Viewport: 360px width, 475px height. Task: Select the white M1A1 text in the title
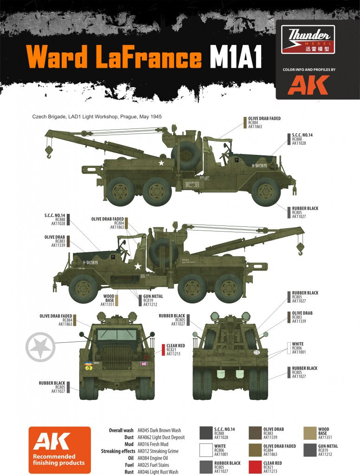tap(236, 58)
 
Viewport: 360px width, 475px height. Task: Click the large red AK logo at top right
tap(308, 85)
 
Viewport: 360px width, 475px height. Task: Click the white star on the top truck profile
tap(161, 163)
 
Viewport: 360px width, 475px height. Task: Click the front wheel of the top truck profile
tap(266, 191)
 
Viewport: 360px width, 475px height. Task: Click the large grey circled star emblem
tap(40, 346)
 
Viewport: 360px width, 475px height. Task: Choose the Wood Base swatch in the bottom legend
tap(309, 433)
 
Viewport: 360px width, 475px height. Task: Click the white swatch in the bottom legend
tap(206, 449)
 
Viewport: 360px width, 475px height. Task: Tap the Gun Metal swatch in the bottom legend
tap(309, 449)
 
